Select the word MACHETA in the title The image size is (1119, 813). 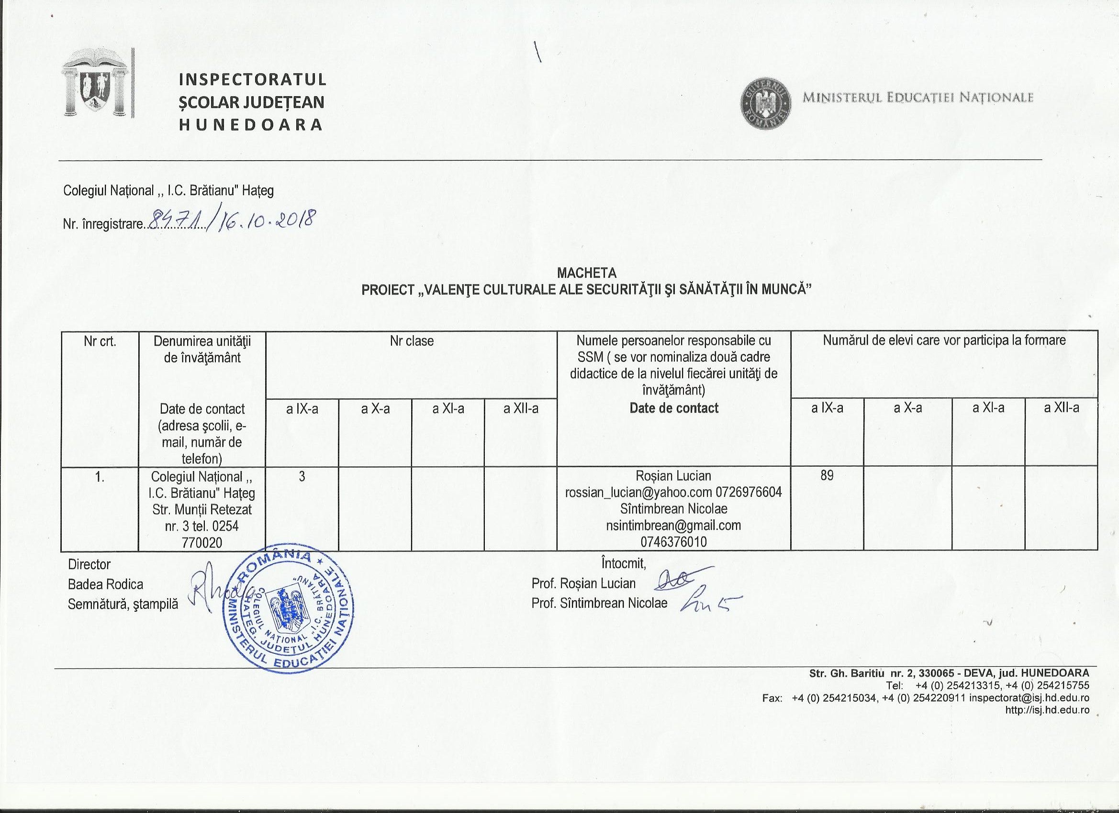coord(586,273)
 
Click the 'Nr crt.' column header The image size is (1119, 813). coord(100,341)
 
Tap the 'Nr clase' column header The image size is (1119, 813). coord(412,341)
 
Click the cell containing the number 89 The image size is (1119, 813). coord(827,475)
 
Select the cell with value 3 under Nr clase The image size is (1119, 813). coord(302,476)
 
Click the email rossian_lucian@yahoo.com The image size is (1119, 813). coord(638,492)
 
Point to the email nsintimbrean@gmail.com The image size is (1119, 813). coord(673,525)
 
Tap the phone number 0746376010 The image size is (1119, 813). coord(673,542)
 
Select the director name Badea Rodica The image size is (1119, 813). coord(106,584)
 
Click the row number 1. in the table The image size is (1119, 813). coord(100,477)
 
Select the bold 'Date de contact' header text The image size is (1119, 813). coord(674,408)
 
